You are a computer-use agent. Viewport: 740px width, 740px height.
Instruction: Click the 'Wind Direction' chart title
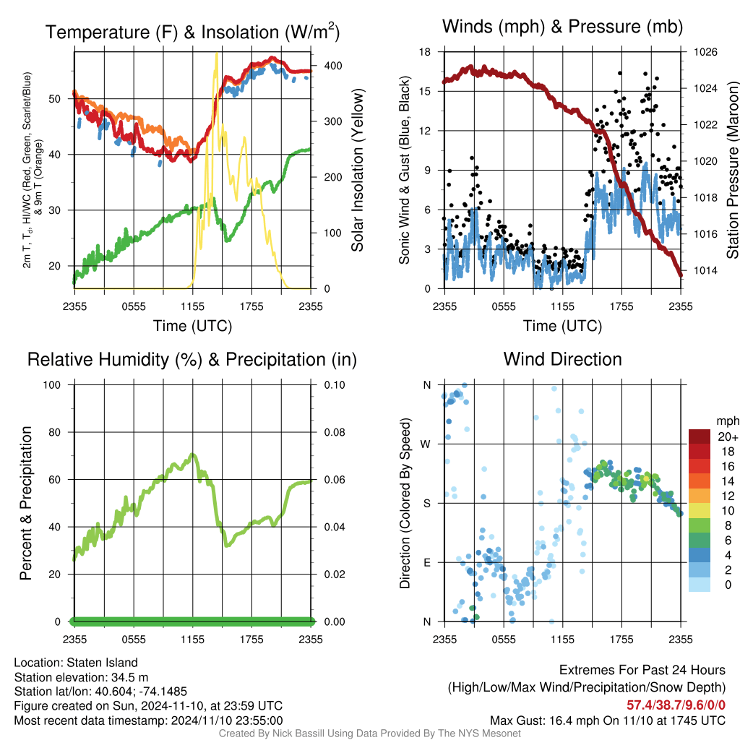point(562,359)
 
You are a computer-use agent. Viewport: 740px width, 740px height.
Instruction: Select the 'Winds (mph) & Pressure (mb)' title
point(562,27)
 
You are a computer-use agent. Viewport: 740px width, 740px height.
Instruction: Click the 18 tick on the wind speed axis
point(426,53)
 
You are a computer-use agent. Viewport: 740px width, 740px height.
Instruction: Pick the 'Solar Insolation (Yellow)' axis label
point(357,170)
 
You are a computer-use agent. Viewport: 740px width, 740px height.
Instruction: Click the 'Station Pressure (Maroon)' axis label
point(731,170)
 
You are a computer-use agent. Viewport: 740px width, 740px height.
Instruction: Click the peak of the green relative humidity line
point(192,455)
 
